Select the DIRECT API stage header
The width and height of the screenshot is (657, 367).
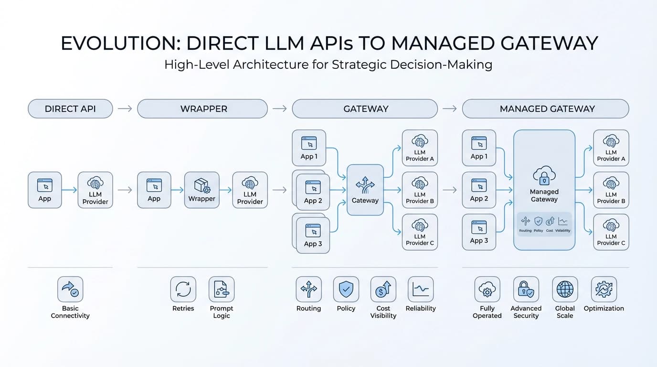coord(70,108)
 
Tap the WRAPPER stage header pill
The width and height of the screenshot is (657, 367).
coord(202,108)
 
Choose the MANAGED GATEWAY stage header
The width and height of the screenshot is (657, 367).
coord(547,108)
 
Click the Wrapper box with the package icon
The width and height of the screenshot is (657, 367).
coord(201,190)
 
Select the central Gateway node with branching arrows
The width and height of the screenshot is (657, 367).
coord(365,190)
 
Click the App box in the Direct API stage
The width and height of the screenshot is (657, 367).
coord(44,190)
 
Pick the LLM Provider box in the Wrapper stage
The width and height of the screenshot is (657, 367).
coord(250,190)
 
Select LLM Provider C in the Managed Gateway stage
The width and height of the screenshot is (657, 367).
coord(611,232)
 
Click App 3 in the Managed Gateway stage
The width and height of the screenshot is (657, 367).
coord(479,232)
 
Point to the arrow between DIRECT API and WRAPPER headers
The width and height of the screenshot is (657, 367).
coord(125,108)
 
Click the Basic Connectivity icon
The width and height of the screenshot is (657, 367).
coord(70,289)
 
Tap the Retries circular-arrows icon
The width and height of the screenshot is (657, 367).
coord(183,289)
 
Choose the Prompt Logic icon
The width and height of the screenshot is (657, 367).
coord(222,289)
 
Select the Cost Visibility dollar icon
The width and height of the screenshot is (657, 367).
coord(383,289)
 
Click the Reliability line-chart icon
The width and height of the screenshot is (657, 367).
coord(421,289)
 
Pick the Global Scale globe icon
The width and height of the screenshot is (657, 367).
coord(565,289)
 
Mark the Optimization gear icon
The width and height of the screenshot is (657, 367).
coord(604,289)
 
